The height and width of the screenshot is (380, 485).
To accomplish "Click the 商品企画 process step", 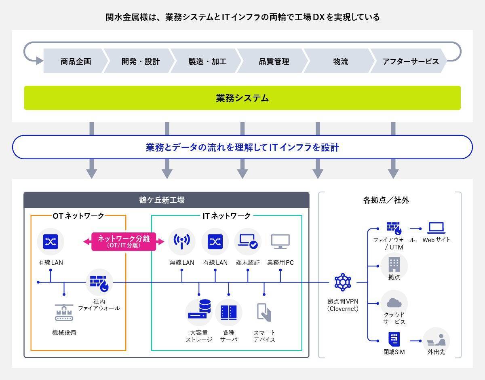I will pyautogui.click(x=76, y=61).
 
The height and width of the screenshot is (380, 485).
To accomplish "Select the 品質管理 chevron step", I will pyautogui.click(x=274, y=61).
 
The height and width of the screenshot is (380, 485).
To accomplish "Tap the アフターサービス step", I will pyautogui.click(x=410, y=61).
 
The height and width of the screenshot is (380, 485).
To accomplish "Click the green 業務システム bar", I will pyautogui.click(x=242, y=98).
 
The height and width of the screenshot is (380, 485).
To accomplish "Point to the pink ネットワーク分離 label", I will pyautogui.click(x=124, y=241).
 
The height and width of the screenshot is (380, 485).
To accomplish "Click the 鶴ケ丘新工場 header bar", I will pyautogui.click(x=166, y=200).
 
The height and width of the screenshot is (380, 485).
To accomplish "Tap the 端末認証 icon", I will pyautogui.click(x=247, y=241).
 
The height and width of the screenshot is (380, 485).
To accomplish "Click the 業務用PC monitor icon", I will pyautogui.click(x=280, y=241).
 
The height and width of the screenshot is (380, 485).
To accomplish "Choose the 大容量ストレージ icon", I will pyautogui.click(x=199, y=312).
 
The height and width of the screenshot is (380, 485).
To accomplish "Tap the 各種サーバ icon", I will pyautogui.click(x=228, y=312).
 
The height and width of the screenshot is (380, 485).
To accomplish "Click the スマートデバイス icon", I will pyautogui.click(x=264, y=312).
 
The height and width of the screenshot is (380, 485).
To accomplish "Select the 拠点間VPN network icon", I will pyautogui.click(x=343, y=282).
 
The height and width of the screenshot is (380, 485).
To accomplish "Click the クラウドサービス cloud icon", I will pyautogui.click(x=394, y=302).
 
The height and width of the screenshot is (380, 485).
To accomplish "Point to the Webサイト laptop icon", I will pyautogui.click(x=436, y=228).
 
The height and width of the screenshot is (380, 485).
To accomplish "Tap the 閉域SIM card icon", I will pyautogui.click(x=394, y=339).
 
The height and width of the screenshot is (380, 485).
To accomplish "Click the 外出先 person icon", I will pyautogui.click(x=436, y=340).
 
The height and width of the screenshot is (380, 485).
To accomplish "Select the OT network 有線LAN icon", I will pyautogui.click(x=51, y=242).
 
